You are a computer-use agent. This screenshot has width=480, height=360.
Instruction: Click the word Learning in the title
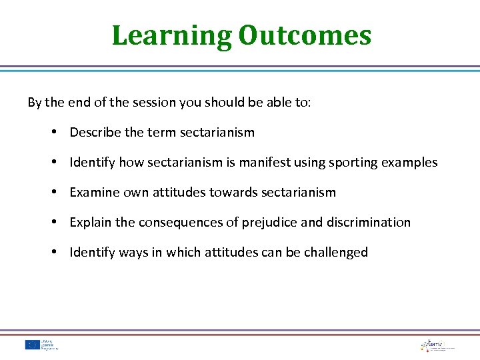(171, 35)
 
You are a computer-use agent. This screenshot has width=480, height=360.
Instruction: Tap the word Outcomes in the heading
(304, 35)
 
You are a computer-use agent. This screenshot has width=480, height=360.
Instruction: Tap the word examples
(411, 163)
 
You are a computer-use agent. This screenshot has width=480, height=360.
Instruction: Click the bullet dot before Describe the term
(53, 132)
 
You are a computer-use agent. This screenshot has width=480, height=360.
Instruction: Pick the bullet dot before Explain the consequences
(53, 222)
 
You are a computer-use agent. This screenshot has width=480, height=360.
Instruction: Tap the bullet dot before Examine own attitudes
(53, 192)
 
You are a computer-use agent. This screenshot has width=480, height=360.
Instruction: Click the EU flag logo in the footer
(33, 345)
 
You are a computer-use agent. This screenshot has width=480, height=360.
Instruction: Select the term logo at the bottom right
(437, 345)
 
